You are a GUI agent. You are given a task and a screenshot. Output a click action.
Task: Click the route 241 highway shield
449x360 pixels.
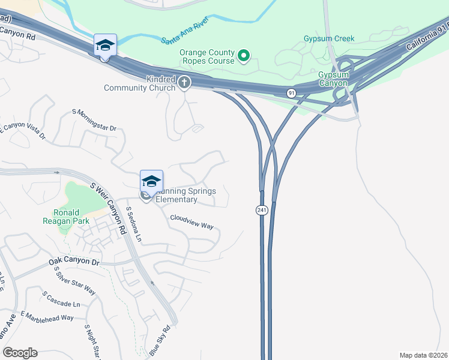click(262, 210)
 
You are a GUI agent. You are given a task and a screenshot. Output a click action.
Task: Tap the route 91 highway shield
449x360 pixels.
click(291, 92)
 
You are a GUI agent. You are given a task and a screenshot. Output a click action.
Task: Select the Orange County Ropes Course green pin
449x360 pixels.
click(243, 56)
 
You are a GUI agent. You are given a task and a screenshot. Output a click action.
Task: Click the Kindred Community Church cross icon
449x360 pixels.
click(184, 82)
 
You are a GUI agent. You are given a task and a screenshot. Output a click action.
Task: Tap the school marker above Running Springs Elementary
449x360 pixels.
click(151, 181)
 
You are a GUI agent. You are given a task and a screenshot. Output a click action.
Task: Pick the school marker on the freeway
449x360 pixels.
click(104, 45)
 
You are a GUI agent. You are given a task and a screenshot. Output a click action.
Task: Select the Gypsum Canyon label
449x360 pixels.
click(333, 79)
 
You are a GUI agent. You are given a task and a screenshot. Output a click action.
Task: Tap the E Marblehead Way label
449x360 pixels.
click(47, 317)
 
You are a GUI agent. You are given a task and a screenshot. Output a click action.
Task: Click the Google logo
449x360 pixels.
click(19, 353)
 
